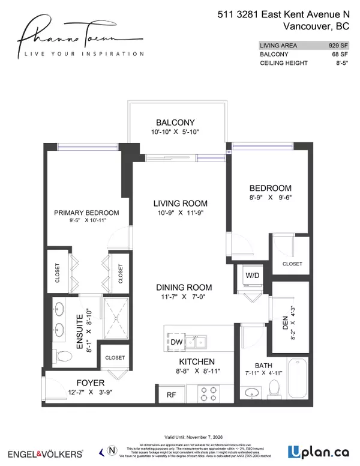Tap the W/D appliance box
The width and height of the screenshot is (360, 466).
(251, 276)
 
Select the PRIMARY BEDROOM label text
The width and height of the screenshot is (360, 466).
(86, 213)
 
